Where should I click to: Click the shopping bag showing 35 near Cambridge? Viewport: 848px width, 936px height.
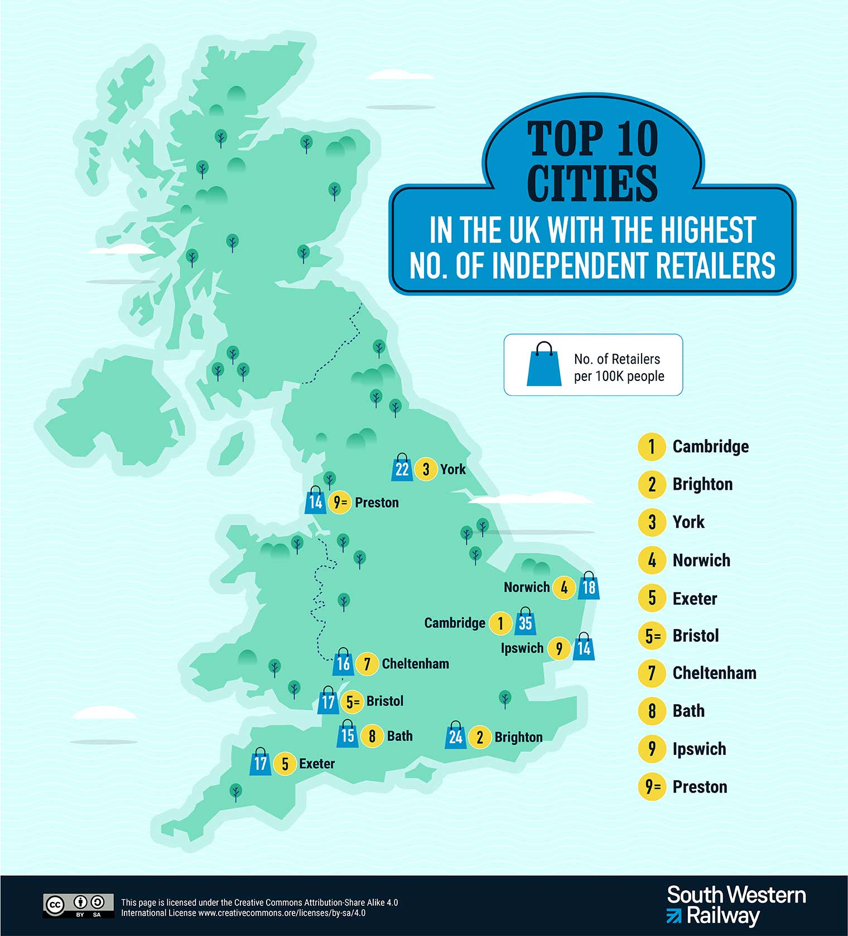tap(525, 622)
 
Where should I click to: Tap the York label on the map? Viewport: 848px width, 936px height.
tap(452, 469)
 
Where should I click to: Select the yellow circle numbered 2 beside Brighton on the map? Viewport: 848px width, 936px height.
tap(480, 737)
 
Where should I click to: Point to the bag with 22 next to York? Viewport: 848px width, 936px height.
tap(402, 469)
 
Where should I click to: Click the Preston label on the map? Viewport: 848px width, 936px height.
tap(377, 503)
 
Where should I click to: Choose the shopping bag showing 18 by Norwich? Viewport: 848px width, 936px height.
tap(589, 587)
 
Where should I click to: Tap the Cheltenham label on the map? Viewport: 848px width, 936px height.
tap(415, 664)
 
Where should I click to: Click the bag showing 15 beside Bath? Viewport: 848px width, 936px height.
tap(348, 735)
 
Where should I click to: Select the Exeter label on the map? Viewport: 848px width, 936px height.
tap(317, 764)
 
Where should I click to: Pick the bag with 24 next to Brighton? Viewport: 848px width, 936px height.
tap(455, 737)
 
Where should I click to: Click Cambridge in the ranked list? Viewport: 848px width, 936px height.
tap(710, 446)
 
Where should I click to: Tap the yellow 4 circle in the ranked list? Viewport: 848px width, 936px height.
tap(652, 559)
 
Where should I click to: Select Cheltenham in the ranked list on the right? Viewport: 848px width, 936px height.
tap(714, 673)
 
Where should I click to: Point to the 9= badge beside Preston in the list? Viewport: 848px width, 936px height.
tap(652, 787)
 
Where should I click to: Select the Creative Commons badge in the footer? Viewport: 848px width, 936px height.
tap(78, 905)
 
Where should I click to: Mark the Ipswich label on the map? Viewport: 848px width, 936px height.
tap(522, 648)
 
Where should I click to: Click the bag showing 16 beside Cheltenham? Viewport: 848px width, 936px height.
tap(343, 663)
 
